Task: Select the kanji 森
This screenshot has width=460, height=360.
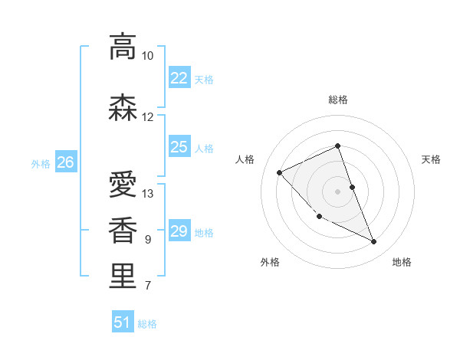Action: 123,108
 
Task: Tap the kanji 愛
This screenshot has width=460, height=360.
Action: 123,185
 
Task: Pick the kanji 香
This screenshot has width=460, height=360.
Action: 123,230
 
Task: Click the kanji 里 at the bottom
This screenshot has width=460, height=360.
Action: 123,277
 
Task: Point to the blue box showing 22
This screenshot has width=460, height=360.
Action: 179,78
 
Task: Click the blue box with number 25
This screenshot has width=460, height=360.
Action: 179,147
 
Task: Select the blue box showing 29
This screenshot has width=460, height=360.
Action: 179,231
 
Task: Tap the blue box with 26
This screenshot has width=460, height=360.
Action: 65,162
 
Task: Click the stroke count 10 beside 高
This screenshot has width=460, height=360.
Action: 147,56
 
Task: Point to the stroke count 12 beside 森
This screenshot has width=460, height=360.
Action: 147,117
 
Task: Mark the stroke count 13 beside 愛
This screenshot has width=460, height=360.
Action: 148,194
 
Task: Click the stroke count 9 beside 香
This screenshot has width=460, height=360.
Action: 147,240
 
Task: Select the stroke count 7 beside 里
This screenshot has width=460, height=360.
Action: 147,286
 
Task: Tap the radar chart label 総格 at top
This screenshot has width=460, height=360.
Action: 338,100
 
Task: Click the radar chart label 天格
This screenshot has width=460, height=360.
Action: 431,159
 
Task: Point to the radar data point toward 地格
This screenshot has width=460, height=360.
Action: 374,242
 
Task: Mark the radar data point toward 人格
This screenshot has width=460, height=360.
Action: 280,172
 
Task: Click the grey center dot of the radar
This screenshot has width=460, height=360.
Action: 338,191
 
